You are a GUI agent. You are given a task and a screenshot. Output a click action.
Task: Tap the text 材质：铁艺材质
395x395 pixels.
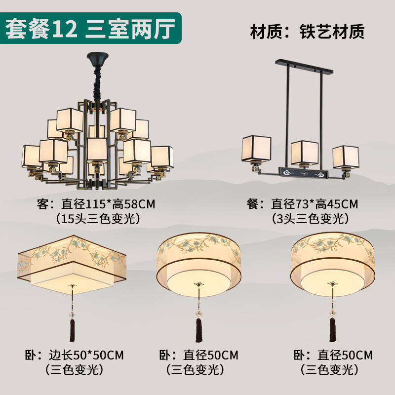(307, 31)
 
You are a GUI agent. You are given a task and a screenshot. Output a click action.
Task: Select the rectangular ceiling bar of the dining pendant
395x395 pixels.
(304, 68)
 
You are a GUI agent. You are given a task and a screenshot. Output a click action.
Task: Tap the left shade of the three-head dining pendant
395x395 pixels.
(256, 150)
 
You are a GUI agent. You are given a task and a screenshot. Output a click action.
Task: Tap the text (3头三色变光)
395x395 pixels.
(308, 218)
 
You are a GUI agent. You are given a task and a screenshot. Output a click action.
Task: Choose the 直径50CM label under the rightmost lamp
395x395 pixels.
(345, 355)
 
